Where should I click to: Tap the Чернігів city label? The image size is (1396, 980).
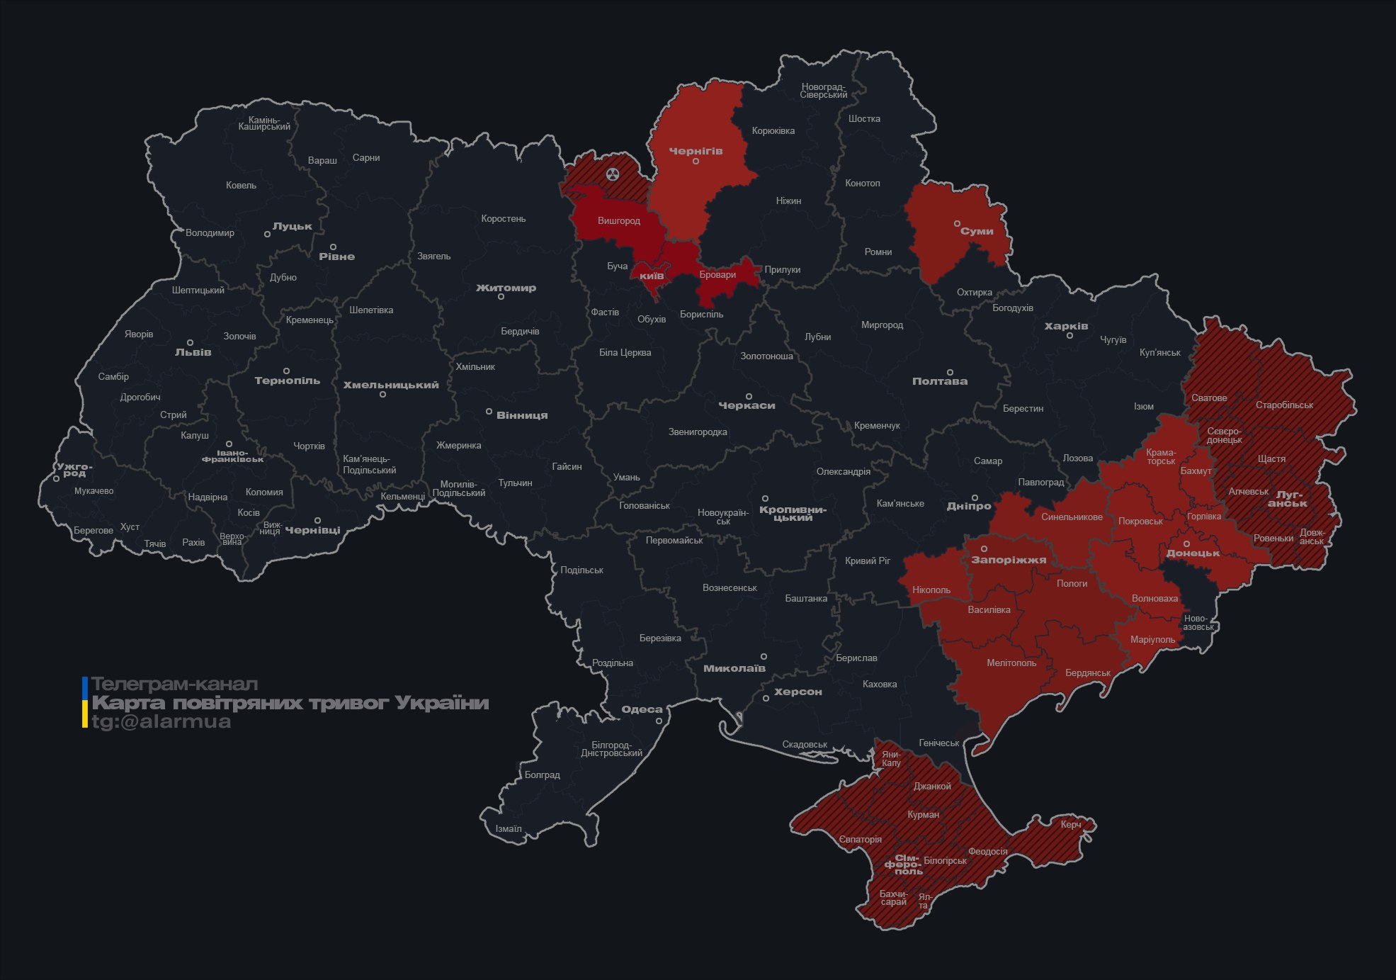[x=696, y=151]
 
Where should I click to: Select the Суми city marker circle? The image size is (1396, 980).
[x=957, y=223]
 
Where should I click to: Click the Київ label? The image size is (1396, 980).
[x=652, y=276]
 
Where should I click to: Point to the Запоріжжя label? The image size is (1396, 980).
[x=1009, y=560]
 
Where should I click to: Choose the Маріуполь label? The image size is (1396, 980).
[x=1152, y=639]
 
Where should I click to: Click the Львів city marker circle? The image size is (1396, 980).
[x=190, y=342]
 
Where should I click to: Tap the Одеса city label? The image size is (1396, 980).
[x=642, y=709]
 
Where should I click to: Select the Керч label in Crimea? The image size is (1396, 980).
[x=1071, y=824]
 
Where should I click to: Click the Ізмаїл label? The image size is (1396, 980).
[x=508, y=828]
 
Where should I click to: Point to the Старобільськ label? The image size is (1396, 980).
[x=1284, y=405]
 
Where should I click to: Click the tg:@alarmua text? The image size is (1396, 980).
[x=161, y=721]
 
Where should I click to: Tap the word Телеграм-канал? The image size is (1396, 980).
[x=174, y=684]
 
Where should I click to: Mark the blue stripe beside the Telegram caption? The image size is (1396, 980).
[x=85, y=688]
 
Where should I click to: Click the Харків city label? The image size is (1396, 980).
[x=1066, y=326]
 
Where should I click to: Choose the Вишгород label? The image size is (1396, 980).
[x=618, y=220]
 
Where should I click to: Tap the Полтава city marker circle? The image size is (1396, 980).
[x=950, y=372]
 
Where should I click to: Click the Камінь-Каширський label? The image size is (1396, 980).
[x=264, y=123]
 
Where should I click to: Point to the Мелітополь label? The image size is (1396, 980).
[x=1011, y=663]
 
